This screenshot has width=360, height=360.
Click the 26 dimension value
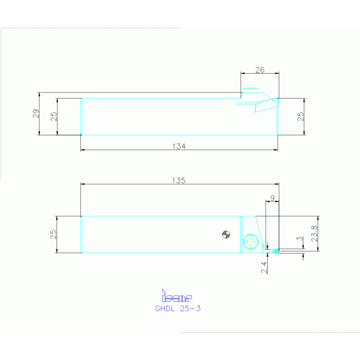pyautogui.click(x=260, y=70)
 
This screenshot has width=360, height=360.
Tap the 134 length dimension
pyautogui.click(x=179, y=146)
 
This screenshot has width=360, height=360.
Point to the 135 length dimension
pyautogui.click(x=179, y=180)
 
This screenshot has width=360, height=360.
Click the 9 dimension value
pyautogui.click(x=272, y=198)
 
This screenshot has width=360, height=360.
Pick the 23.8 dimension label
pyautogui.click(x=314, y=234)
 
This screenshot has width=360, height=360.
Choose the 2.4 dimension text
pyautogui.click(x=264, y=268)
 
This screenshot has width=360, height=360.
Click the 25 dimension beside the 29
pyautogui.click(x=54, y=116)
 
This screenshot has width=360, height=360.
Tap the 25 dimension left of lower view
pyautogui.click(x=54, y=234)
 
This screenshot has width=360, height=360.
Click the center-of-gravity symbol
pyautogui.click(x=226, y=235)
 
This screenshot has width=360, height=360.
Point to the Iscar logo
pyautogui.click(x=177, y=297)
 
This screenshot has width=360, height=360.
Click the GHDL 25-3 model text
pyautogui.click(x=178, y=309)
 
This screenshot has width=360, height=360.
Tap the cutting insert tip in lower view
pyautogui.click(x=275, y=251)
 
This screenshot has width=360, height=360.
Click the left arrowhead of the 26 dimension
pyautogui.click(x=242, y=74)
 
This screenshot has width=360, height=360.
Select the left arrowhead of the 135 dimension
pyautogui.click(x=83, y=184)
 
